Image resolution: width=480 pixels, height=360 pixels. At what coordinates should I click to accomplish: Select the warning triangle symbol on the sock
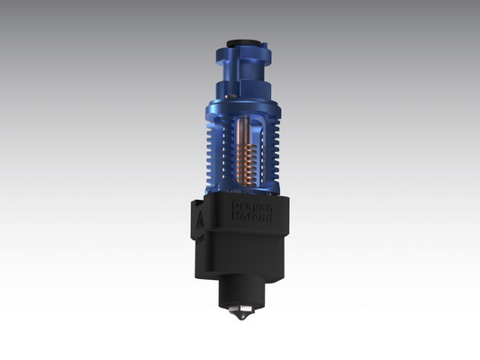point(198,216)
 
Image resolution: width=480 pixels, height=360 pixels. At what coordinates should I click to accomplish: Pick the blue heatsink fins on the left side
point(209,157)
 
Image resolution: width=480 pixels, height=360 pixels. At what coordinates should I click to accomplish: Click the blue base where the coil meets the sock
point(248,189)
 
